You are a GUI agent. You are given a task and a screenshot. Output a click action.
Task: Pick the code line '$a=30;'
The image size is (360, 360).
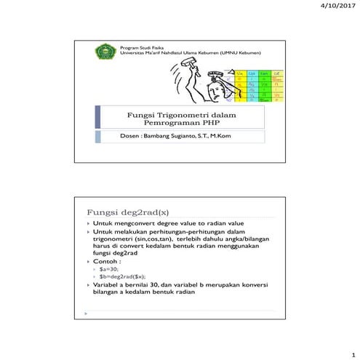click(x=109, y=268)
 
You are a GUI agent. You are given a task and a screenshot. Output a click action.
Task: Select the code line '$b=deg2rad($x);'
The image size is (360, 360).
click(x=123, y=276)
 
